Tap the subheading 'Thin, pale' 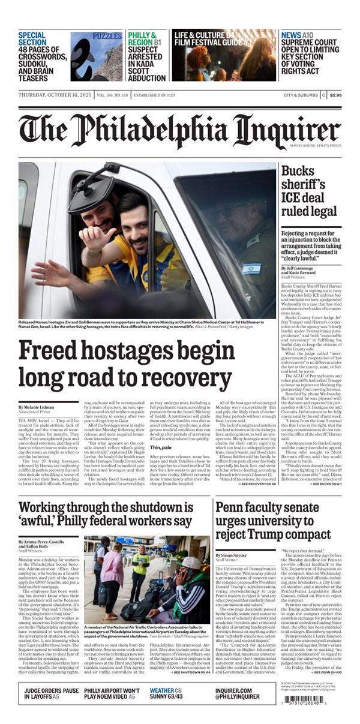(161, 447)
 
